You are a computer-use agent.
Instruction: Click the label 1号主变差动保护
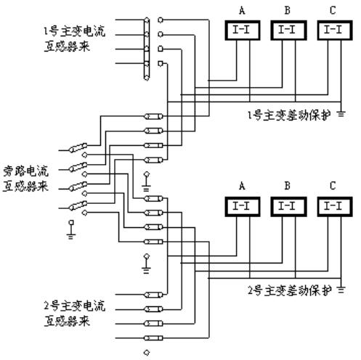289,115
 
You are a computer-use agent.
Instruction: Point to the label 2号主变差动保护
289,290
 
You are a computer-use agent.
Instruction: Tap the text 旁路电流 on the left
25,171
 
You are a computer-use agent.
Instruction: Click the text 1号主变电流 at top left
74,31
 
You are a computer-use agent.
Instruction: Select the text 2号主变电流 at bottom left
74,306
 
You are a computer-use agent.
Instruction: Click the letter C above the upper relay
333,10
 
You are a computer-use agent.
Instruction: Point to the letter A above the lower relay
242,186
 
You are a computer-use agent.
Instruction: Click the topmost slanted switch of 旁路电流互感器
78,148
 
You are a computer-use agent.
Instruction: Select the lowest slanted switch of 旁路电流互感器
78,205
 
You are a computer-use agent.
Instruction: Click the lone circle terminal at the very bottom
147,352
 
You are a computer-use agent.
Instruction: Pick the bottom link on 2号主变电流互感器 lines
153,338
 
